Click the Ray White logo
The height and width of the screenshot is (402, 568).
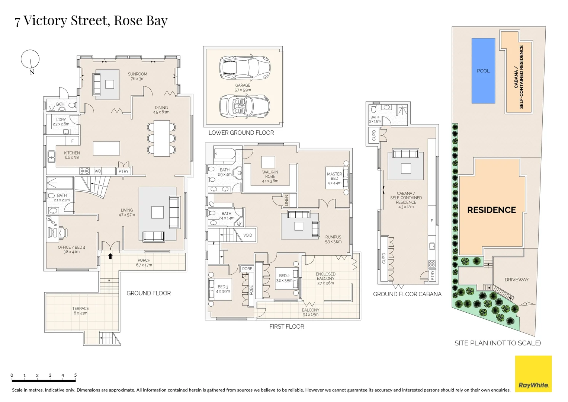pyautogui.click(x=533, y=374)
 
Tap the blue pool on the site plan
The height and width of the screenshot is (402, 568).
pyautogui.click(x=483, y=71)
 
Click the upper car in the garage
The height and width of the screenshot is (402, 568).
pyautogui.click(x=244, y=67)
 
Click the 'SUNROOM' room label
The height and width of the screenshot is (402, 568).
pyautogui.click(x=137, y=74)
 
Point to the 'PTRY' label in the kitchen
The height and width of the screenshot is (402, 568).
pyautogui.click(x=123, y=171)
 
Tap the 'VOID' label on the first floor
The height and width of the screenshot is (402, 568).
pyautogui.click(x=248, y=235)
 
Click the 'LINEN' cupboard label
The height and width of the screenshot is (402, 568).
pyautogui.click(x=286, y=200)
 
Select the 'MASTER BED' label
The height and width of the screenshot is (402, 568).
pyautogui.click(x=334, y=176)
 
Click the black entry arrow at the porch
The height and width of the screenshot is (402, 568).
pyautogui.click(x=110, y=256)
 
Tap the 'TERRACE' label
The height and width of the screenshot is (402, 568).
pyautogui.click(x=81, y=308)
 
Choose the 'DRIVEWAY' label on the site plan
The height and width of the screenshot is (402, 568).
pyautogui.click(x=516, y=280)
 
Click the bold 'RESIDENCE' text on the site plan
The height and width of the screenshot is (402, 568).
pyautogui.click(x=491, y=210)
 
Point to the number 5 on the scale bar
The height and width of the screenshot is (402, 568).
pyautogui.click(x=76, y=375)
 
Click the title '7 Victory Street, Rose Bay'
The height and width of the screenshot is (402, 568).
pyautogui.click(x=91, y=20)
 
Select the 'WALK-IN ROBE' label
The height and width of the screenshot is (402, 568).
pyautogui.click(x=270, y=174)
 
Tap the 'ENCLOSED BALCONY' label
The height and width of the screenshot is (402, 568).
pyautogui.click(x=325, y=276)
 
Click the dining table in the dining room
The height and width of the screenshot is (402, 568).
pyautogui.click(x=161, y=138)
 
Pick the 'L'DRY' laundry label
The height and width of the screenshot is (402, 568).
pyautogui.click(x=61, y=119)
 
